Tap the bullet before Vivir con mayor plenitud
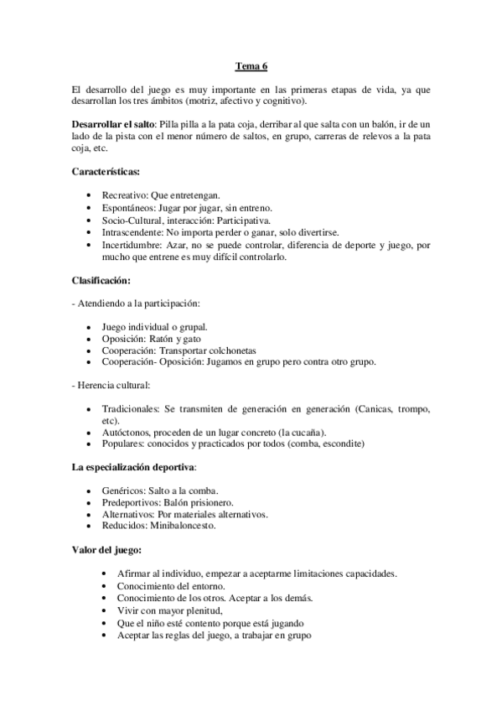(102, 611)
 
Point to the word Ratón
(171, 339)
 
